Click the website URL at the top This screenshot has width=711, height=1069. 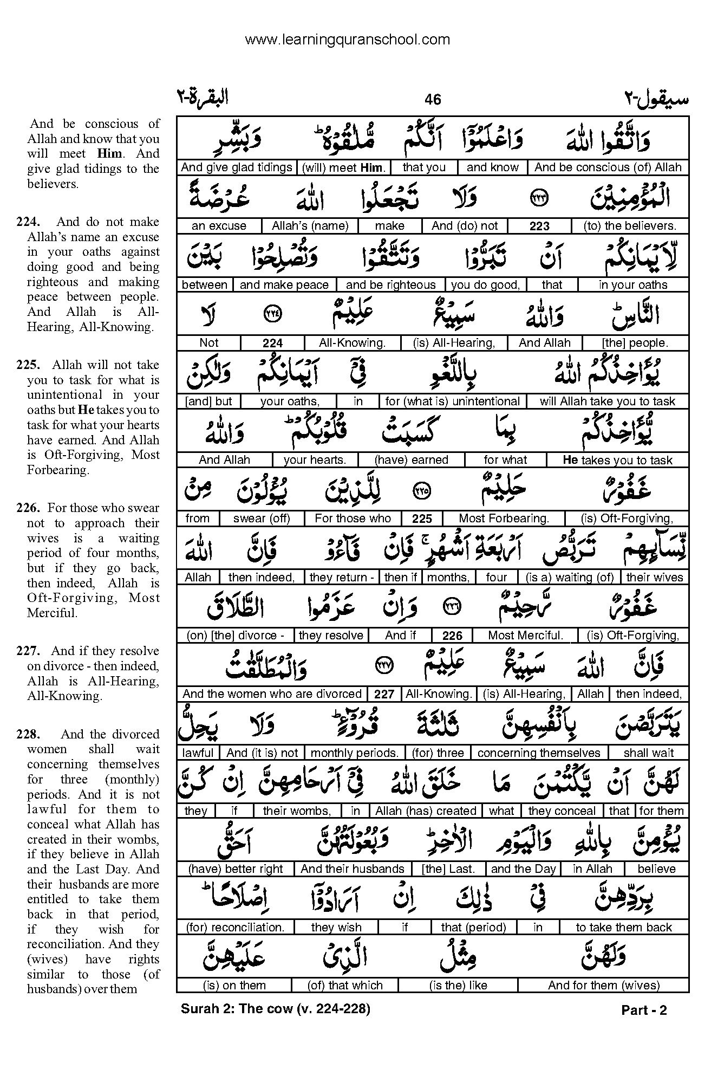(347, 40)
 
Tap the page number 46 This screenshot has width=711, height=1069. (433, 99)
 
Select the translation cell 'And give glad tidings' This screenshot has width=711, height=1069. (236, 167)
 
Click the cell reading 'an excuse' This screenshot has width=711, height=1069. (219, 226)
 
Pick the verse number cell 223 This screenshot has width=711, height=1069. (539, 226)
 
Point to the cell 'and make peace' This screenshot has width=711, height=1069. (284, 285)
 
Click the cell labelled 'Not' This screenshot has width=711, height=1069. (208, 343)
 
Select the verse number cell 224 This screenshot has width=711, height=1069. (272, 343)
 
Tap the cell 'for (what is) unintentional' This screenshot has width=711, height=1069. (452, 401)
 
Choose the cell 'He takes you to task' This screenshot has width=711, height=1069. (617, 461)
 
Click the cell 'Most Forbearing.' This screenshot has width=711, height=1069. (504, 519)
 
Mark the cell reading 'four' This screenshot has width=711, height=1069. (496, 578)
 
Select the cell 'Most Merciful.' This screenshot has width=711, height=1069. (525, 636)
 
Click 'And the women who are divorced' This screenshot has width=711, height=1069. (272, 694)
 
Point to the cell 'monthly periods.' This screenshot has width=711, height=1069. (355, 753)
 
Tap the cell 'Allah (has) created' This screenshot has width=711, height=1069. (426, 811)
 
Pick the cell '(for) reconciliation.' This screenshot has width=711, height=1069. (235, 928)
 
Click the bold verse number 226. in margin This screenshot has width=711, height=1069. (28, 508)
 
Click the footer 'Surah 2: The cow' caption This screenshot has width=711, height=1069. (275, 1009)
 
